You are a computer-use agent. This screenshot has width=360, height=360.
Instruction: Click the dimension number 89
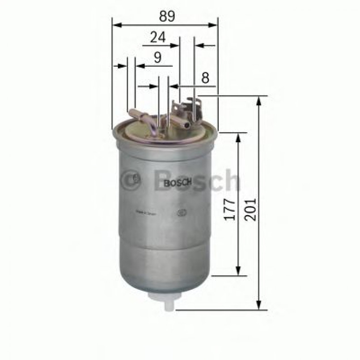(165, 16)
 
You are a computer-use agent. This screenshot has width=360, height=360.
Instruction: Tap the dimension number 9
(157, 57)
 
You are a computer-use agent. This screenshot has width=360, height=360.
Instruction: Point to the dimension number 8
(205, 78)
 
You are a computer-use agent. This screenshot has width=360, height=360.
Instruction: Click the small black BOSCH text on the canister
(178, 183)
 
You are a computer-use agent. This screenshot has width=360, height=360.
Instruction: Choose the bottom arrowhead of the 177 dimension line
(238, 271)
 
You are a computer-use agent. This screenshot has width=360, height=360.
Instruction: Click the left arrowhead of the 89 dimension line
(115, 25)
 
